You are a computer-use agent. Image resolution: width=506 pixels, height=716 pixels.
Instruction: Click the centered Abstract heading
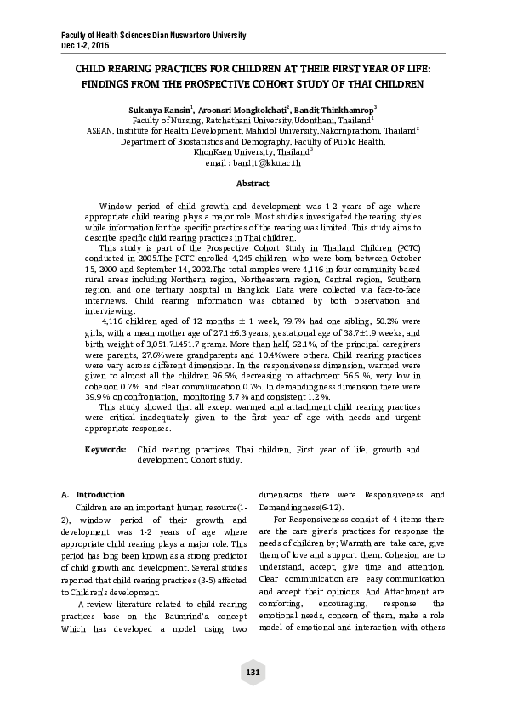coord(253,184)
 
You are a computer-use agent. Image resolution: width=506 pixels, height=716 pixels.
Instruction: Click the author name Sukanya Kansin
coord(161,110)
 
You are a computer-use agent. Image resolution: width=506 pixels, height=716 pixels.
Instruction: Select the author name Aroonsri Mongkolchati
coord(244,110)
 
